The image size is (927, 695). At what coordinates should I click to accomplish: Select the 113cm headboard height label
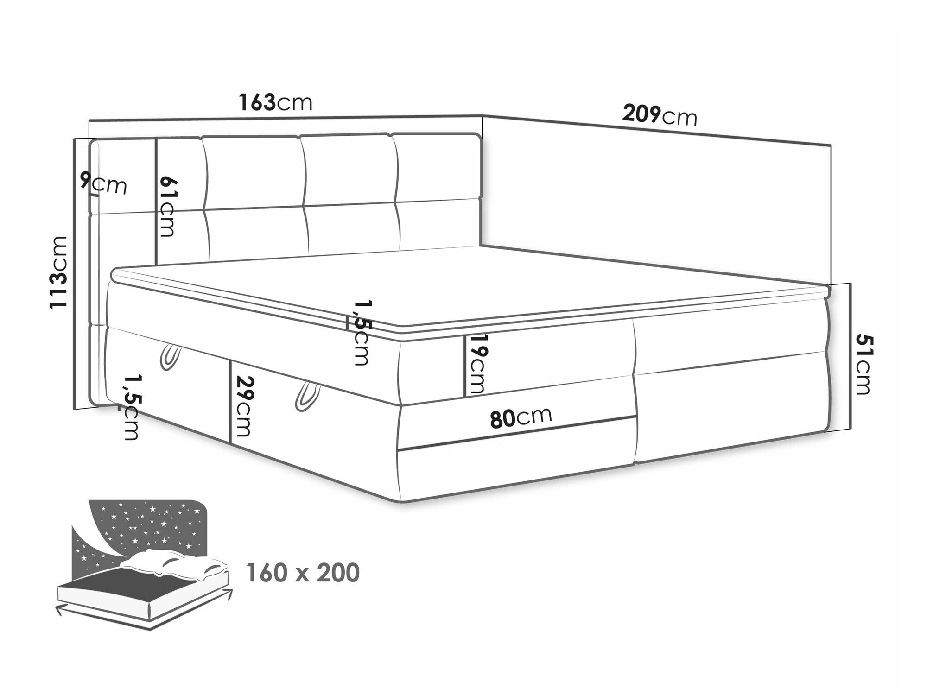[x=59, y=272]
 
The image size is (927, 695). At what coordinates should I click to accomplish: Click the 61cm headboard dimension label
[x=166, y=206]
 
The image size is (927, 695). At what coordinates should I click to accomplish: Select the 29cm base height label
[x=244, y=406]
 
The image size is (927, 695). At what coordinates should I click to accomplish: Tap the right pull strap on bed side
[x=305, y=397]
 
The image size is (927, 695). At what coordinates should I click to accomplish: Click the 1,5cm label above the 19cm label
[x=360, y=333]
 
